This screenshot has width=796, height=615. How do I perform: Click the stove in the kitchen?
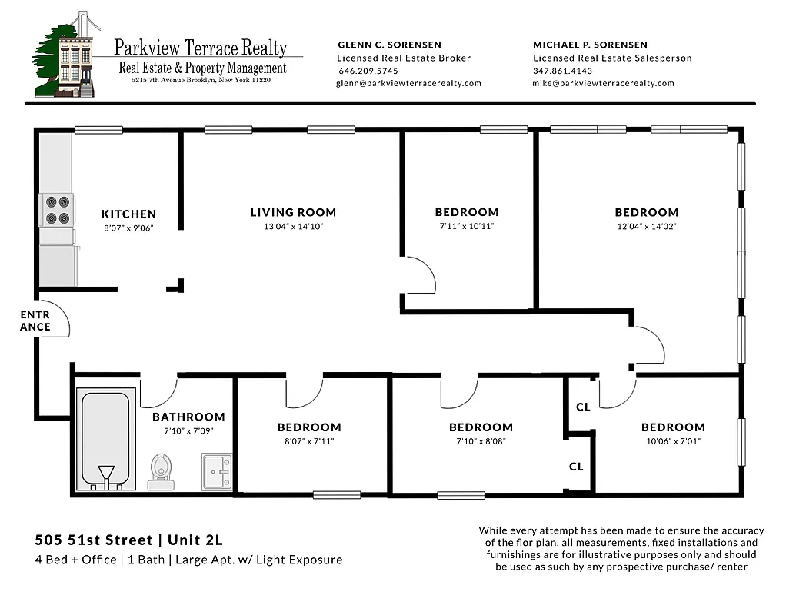[57, 210]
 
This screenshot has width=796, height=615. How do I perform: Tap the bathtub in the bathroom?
[106, 438]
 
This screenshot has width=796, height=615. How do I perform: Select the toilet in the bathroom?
[162, 470]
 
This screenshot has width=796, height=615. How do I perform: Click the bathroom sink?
[216, 470]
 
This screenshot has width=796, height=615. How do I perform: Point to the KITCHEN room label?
[128, 214]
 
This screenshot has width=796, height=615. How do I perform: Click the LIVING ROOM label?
[293, 212]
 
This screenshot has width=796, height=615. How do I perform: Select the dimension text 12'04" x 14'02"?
[646, 227]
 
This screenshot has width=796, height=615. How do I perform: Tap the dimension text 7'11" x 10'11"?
[466, 227]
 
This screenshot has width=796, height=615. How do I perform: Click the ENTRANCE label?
[35, 321]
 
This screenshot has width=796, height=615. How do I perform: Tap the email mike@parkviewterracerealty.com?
[603, 83]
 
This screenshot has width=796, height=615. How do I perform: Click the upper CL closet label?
[583, 407]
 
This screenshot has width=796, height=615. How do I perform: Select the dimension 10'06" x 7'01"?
[673, 441]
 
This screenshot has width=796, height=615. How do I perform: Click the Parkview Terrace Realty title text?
[201, 48]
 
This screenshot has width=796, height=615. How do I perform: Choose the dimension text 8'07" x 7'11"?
[309, 441]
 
